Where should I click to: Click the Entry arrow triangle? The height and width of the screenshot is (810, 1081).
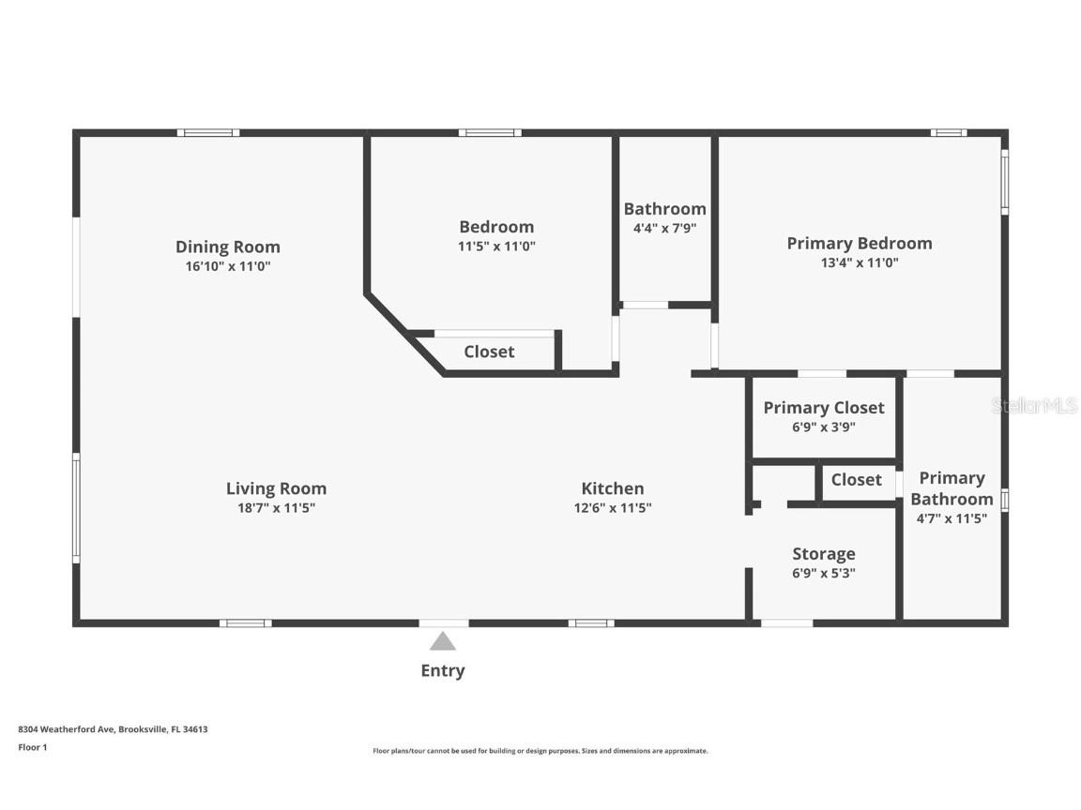(443, 642)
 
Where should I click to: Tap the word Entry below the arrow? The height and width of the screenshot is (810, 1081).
(443, 670)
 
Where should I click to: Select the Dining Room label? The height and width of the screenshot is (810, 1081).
(228, 247)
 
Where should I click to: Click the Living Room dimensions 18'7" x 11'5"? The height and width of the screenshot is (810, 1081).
(277, 508)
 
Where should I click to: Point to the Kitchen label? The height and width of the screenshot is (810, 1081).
(613, 488)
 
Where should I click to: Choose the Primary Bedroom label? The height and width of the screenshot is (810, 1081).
(860, 244)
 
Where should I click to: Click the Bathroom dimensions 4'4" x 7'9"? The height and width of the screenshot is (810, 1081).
(664, 228)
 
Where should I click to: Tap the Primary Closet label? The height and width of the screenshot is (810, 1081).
(824, 408)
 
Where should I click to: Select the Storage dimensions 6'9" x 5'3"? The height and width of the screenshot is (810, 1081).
(824, 573)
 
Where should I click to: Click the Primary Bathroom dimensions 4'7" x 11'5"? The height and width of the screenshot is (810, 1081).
(952, 518)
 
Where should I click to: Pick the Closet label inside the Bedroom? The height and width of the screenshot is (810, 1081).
(489, 352)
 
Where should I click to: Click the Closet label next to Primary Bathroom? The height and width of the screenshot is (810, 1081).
(856, 479)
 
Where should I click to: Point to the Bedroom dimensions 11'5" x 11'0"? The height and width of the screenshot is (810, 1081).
(496, 247)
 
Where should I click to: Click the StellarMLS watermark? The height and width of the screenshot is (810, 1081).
(1034, 406)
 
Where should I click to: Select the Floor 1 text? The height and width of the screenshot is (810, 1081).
(32, 747)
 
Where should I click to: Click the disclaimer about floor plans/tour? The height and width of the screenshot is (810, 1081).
(540, 751)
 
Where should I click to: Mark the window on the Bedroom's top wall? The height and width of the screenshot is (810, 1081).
(490, 133)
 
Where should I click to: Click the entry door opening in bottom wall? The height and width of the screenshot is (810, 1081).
(444, 622)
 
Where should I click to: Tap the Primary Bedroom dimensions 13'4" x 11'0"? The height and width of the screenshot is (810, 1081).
(860, 263)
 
